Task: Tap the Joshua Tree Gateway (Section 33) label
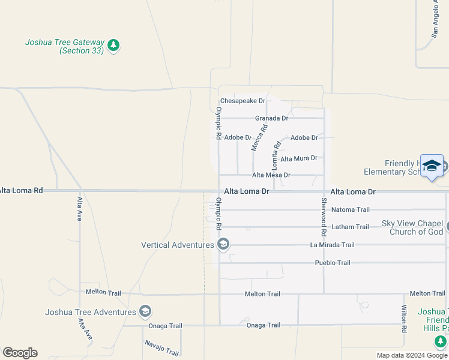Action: click(65, 47)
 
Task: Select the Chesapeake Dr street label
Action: click(243, 101)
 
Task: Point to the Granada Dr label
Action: click(272, 118)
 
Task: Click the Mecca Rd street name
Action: click(259, 137)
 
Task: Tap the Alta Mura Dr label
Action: click(298, 158)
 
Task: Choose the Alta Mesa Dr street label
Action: click(271, 175)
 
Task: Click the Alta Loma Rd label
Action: click(22, 190)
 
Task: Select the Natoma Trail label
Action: click(351, 210)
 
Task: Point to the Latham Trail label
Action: click(350, 227)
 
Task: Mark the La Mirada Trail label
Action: click(332, 245)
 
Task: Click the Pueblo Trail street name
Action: click(333, 263)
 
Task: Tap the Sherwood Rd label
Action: click(324, 215)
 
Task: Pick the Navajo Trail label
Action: click(161, 347)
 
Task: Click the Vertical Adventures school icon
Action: click(223, 244)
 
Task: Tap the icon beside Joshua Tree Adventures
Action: click(145, 311)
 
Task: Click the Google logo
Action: click(20, 353)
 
